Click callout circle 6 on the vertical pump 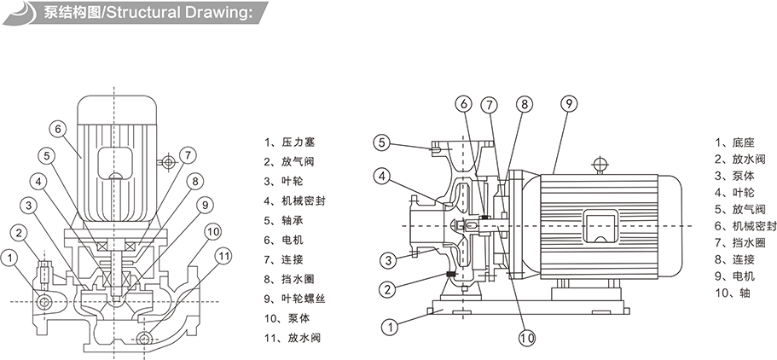point(58,130)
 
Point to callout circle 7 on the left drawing point(188,156)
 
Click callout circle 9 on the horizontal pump point(568,105)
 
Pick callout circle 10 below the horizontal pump point(526,339)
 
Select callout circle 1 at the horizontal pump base point(388,325)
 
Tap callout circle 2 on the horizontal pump point(388,290)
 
